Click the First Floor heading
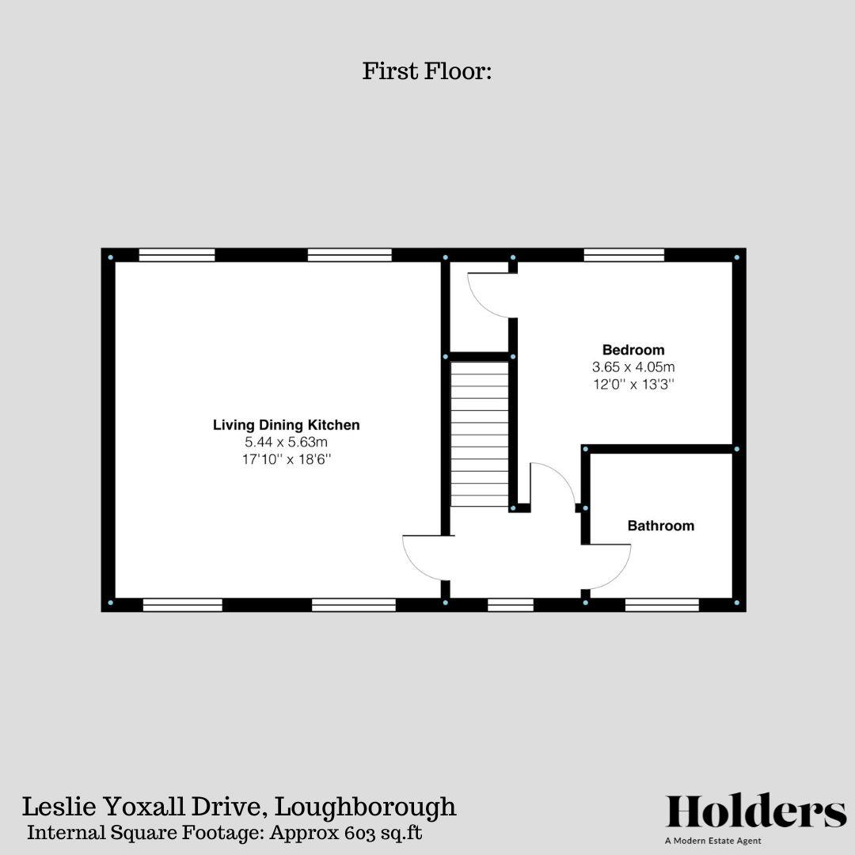click(427, 71)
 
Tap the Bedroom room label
click(633, 350)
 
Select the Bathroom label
click(660, 526)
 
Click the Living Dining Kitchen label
click(287, 425)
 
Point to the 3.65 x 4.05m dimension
click(633, 367)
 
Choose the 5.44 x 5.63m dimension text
click(287, 443)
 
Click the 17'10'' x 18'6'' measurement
click(287, 460)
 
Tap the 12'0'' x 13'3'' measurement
click(633, 385)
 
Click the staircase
click(480, 435)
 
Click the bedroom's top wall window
click(624, 255)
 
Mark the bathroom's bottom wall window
click(662, 605)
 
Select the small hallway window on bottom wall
click(511, 605)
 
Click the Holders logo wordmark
click(756, 811)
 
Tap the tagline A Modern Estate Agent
click(713, 841)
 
